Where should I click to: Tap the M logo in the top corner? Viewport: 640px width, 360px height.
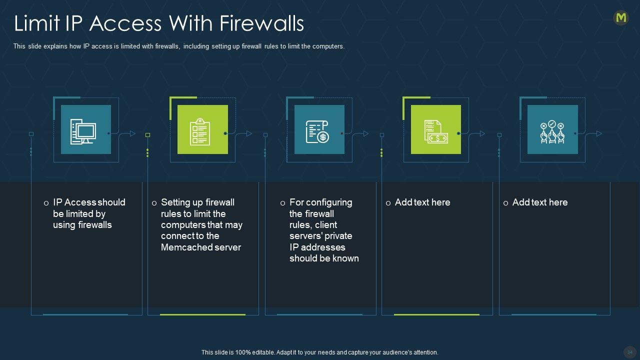(621, 18)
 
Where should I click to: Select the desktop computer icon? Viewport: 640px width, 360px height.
(83, 131)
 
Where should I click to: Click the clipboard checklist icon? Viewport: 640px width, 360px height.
(200, 131)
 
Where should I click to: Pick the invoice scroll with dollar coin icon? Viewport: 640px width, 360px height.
(317, 131)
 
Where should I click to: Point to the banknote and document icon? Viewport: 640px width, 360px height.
(435, 131)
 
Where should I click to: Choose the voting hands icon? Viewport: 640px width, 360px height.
(552, 131)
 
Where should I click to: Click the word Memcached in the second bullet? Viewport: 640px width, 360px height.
(186, 247)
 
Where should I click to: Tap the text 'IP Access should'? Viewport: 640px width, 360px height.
(89, 202)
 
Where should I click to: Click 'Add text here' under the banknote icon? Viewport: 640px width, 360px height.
(422, 202)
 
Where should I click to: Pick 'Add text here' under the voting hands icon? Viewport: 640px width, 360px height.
(540, 202)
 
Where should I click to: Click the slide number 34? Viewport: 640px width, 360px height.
(630, 352)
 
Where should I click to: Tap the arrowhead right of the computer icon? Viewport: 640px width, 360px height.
(132, 133)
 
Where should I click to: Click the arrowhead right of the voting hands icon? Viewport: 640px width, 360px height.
(599, 133)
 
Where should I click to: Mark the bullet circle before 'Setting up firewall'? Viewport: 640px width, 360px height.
(154, 203)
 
